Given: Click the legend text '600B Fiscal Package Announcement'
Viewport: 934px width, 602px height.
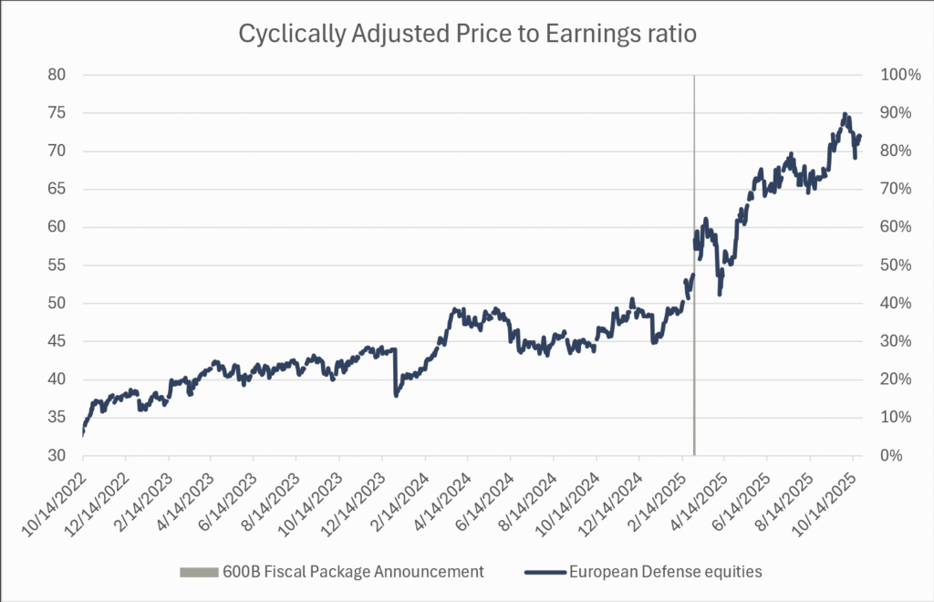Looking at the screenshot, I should (x=352, y=572).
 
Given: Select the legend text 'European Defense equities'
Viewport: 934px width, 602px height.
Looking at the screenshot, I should (x=665, y=572).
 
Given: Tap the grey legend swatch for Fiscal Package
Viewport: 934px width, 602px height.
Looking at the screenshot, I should (x=198, y=572).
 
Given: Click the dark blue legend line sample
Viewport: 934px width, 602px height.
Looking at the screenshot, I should (x=544, y=572).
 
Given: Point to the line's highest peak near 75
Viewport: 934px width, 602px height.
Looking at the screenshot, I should (x=845, y=114).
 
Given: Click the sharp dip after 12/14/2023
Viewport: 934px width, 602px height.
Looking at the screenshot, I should (x=396, y=395).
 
